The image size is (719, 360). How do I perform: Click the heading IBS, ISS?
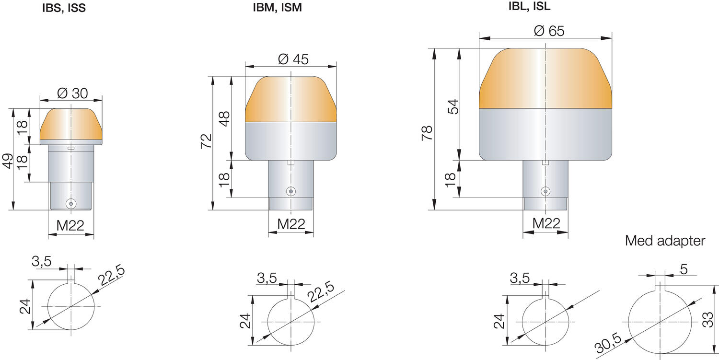[64, 8]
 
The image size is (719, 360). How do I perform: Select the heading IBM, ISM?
[278, 7]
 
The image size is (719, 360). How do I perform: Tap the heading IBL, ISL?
[529, 6]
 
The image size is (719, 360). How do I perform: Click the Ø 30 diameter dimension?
[72, 93]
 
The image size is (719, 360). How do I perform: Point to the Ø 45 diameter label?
[293, 59]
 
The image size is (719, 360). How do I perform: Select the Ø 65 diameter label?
[549, 31]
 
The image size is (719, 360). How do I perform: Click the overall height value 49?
[8, 161]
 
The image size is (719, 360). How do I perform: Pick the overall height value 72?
[206, 141]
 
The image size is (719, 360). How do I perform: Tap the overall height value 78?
[427, 133]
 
